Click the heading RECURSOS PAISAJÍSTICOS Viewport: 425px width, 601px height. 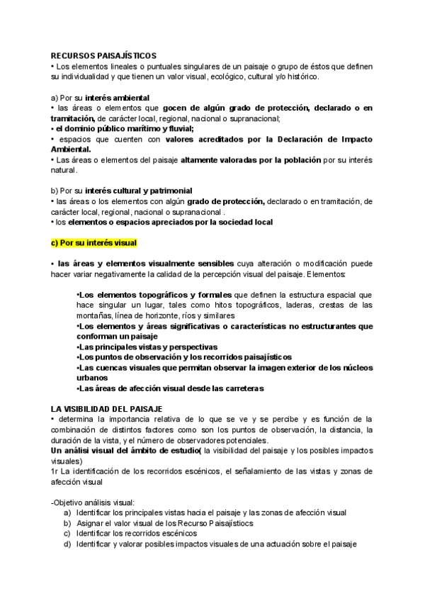[103, 55]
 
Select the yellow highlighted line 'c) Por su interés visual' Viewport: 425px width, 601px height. [94, 242]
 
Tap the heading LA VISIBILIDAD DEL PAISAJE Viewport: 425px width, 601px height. [107, 409]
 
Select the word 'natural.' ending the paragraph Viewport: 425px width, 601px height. [64, 171]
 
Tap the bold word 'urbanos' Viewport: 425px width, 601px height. [91, 378]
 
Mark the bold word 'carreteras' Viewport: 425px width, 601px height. [240, 388]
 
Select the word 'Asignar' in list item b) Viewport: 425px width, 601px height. [92, 523]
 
